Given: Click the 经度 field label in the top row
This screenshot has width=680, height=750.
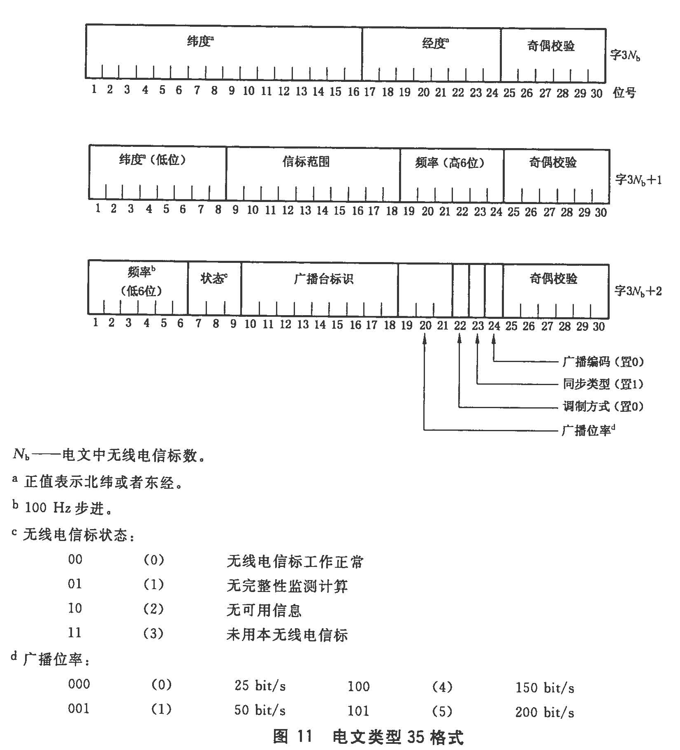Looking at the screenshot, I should tap(434, 43).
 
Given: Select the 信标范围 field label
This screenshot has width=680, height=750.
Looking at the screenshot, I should tap(306, 162).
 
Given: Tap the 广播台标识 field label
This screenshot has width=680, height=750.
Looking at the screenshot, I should tap(324, 279).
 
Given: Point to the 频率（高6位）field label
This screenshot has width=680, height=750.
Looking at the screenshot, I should tap(450, 163).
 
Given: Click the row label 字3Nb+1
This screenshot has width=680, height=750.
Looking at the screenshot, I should tap(638, 180).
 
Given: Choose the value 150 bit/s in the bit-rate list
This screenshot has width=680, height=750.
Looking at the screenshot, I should tap(545, 687).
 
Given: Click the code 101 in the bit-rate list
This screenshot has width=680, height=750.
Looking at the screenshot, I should tap(358, 711).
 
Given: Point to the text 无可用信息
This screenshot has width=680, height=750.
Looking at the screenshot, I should tap(264, 610).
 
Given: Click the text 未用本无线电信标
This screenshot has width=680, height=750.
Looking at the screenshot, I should tap(287, 635).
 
